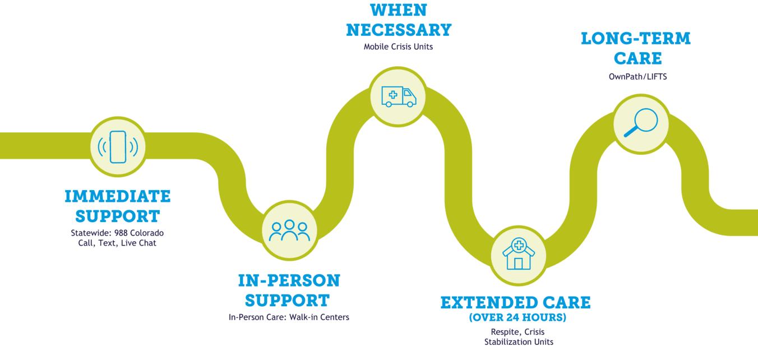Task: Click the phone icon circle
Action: (118, 146)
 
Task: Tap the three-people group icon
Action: (289, 230)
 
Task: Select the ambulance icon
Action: (399, 96)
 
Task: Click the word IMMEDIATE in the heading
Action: (118, 197)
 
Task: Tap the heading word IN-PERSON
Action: (289, 280)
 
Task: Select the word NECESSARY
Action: (399, 30)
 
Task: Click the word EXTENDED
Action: (478, 303)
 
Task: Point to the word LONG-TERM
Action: (636, 39)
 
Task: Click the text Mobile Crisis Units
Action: (399, 47)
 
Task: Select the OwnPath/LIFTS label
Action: (638, 76)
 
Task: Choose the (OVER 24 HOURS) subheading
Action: (517, 318)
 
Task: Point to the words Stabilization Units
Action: (519, 342)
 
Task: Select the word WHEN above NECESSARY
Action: (399, 11)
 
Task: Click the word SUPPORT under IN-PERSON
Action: (287, 300)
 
